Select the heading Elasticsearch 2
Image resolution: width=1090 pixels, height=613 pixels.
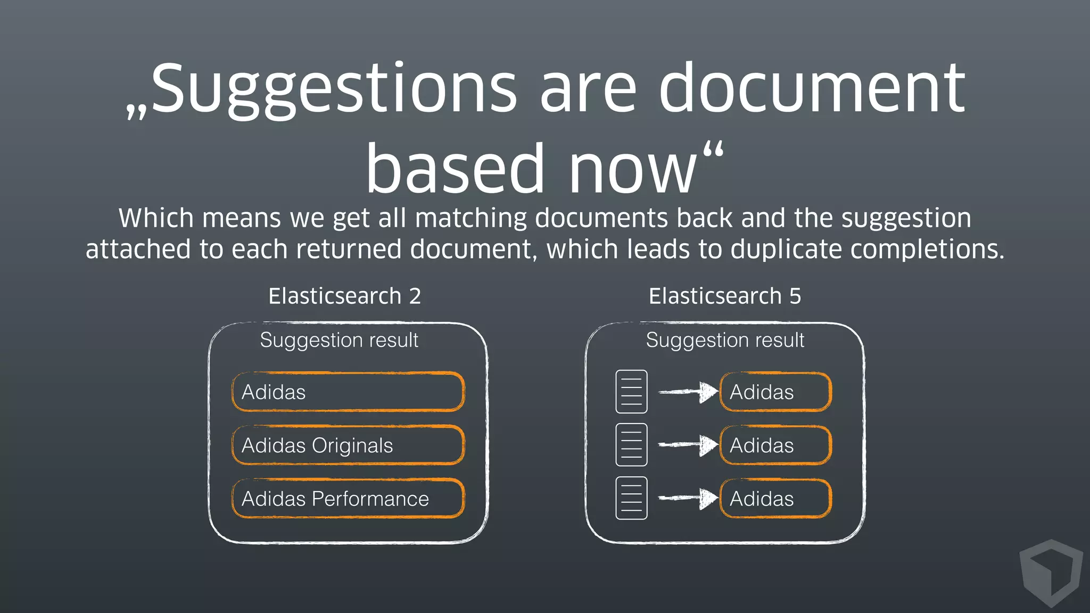tap(344, 296)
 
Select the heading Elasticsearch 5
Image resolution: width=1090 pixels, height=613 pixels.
tap(724, 296)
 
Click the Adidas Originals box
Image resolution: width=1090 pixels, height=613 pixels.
tap(348, 445)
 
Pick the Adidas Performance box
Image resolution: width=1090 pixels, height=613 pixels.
tap(348, 499)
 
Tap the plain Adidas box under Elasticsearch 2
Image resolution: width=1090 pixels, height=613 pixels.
tap(348, 392)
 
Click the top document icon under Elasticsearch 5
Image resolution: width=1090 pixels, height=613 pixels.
tap(631, 392)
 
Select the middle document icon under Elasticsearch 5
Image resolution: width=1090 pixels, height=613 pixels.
tap(631, 445)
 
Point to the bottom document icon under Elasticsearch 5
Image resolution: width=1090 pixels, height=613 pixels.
tap(631, 498)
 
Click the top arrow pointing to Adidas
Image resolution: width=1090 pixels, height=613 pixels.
tap(688, 392)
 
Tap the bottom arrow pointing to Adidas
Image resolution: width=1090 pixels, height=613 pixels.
tap(688, 499)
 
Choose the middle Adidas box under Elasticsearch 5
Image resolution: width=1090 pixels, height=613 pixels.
tap(775, 445)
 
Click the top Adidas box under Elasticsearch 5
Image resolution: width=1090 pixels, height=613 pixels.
tap(775, 392)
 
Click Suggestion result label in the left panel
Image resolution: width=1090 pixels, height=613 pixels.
tap(339, 341)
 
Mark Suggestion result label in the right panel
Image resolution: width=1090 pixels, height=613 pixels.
tap(725, 341)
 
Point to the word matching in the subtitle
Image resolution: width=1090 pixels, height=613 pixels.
tap(470, 218)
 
